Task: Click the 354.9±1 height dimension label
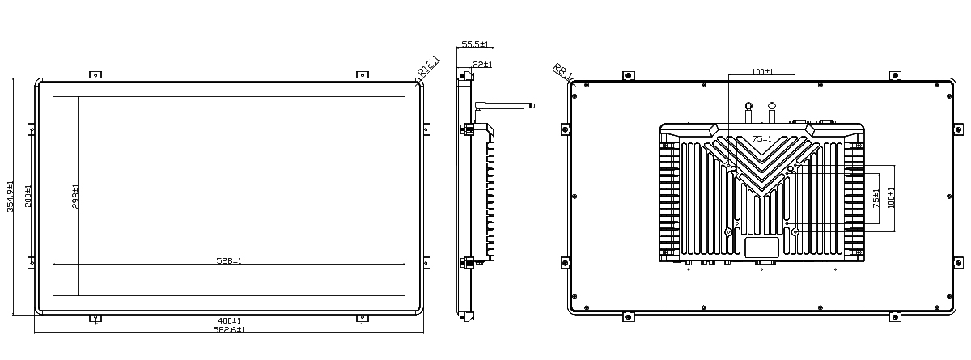coord(11,197)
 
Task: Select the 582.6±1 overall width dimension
coord(229,330)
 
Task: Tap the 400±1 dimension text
coord(229,320)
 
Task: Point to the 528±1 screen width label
coord(229,260)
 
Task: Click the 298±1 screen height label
coord(75,197)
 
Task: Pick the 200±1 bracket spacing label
coord(28,197)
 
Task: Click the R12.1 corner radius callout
coord(428,66)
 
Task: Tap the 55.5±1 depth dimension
coord(475,44)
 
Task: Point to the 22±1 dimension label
coord(482,65)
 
